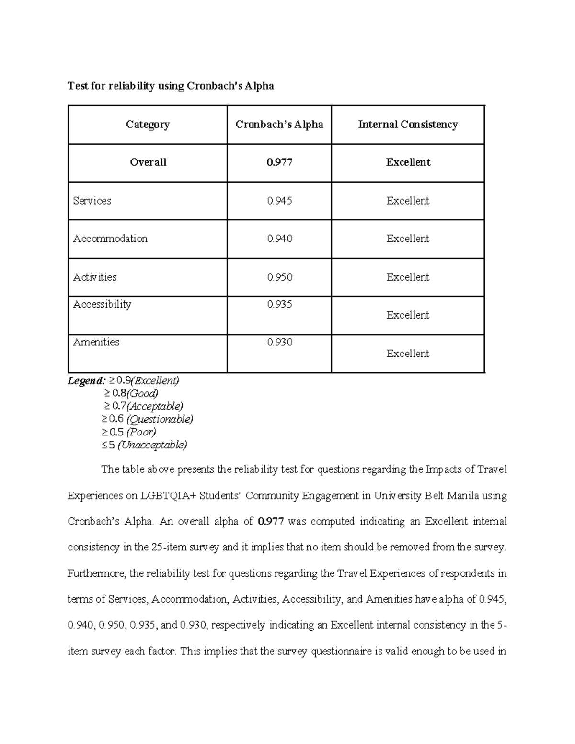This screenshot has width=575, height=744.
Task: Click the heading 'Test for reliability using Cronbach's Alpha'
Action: point(171,86)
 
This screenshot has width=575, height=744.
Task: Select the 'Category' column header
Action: point(148,125)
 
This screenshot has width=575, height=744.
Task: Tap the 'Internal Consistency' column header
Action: point(408,125)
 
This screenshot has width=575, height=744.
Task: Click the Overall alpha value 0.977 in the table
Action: point(279,162)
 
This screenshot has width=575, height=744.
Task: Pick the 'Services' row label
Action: point(92,201)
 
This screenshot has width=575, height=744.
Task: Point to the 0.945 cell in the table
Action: point(279,201)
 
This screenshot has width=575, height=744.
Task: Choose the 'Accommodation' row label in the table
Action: point(110,239)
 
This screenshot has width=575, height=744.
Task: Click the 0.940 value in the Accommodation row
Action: point(279,239)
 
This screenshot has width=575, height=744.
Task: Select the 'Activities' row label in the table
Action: point(95,277)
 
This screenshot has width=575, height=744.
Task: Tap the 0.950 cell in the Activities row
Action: point(279,277)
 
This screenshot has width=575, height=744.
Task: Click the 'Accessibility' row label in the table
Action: point(102,304)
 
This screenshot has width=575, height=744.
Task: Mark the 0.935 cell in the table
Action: point(279,304)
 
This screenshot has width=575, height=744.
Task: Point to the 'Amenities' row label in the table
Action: point(96,342)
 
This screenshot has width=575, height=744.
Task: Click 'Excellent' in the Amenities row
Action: point(408,354)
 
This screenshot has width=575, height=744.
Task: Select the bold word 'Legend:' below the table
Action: point(86,381)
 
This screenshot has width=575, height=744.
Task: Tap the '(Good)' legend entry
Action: point(142,394)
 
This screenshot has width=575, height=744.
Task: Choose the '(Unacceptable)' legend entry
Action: point(152,445)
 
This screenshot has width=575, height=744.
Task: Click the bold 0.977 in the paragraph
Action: point(271,521)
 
